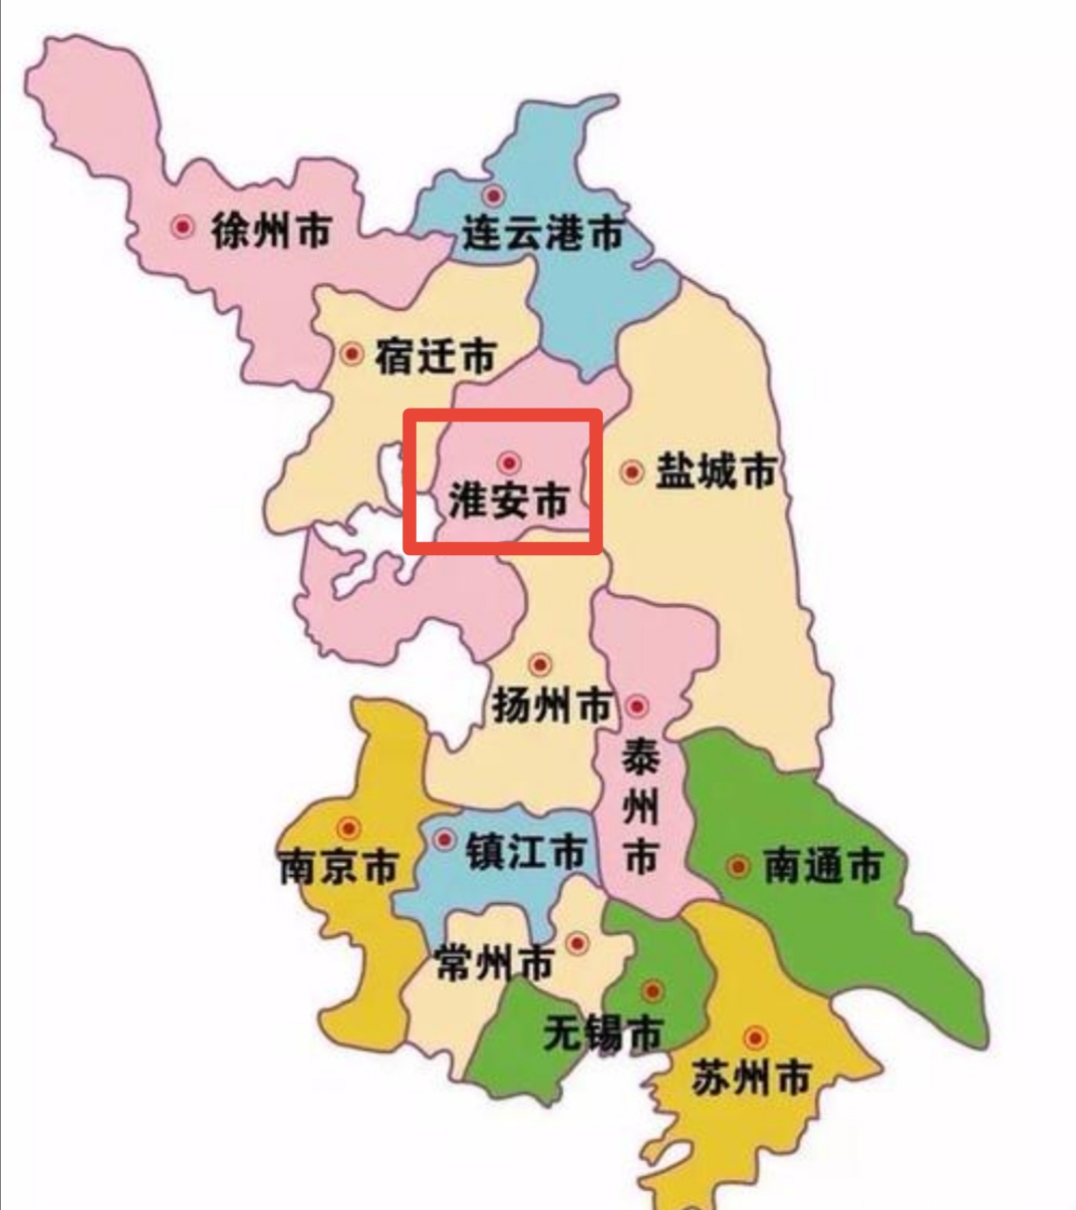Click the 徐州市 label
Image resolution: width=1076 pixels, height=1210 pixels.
tap(271, 231)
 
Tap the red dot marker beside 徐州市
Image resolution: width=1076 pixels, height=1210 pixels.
tap(182, 227)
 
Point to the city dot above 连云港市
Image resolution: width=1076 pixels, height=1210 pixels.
tap(492, 195)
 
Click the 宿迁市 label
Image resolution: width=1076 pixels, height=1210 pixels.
tap(434, 356)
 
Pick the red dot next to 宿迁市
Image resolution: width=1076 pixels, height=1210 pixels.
tap(352, 353)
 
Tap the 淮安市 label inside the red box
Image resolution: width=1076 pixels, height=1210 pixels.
tap(508, 501)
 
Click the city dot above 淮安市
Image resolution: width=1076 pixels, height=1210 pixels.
tap(509, 462)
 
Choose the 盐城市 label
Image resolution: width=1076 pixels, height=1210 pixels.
tap(715, 471)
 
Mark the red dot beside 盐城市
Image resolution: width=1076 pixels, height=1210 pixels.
tap(632, 471)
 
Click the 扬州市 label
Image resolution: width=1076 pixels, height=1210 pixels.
tap(552, 706)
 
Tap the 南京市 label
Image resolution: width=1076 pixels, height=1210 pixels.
tap(339, 867)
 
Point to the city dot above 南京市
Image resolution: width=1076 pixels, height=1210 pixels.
tap(349, 827)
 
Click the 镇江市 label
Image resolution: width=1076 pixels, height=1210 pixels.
tap(525, 852)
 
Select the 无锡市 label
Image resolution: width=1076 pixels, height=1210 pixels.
tap(603, 1034)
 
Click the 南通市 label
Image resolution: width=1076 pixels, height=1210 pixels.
tap(822, 866)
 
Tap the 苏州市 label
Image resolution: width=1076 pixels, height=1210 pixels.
tap(751, 1078)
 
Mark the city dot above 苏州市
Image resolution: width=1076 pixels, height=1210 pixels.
tap(755, 1038)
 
